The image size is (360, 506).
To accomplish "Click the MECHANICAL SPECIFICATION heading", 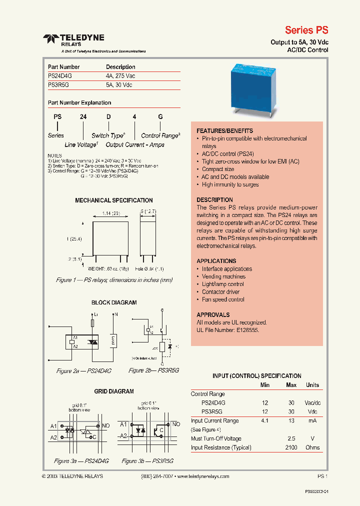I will coord(113,200).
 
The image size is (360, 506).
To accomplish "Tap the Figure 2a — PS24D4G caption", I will coord(83,371).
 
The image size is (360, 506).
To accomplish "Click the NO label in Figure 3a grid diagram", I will coord(106,425).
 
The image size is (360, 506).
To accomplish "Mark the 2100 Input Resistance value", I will coord(291,447).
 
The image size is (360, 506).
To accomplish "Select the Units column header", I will coord(312,385).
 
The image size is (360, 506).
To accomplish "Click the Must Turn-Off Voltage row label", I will coord(216,438).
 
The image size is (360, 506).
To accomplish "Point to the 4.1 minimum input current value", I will coord(265,421).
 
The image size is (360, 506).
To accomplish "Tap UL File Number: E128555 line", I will coord(228,330).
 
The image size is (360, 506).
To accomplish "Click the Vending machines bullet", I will coord(223,276).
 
